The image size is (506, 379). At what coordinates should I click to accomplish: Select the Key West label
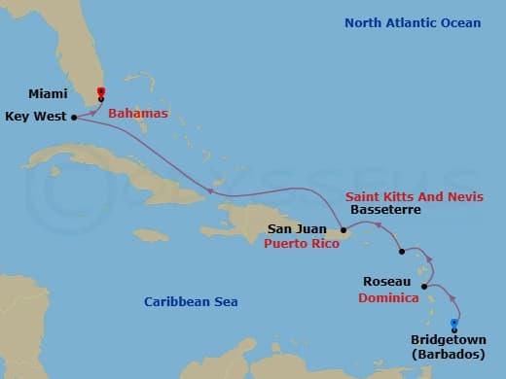35,116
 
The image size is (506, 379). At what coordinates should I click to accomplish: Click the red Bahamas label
137,114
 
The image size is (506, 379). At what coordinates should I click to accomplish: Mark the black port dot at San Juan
343,231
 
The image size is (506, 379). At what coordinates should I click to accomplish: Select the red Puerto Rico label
302,245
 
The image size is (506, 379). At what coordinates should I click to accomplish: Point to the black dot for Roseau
423,286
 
